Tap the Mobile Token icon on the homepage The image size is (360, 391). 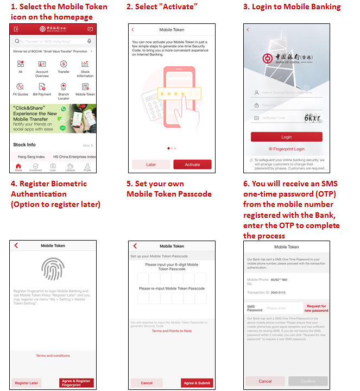tap(85, 89)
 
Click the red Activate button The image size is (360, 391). tap(192, 165)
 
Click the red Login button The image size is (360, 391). tap(286, 137)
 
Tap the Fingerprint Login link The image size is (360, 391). tap(286, 149)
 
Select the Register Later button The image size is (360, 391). tap(27, 383)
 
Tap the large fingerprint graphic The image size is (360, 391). tap(53, 269)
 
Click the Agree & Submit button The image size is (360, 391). tap(197, 383)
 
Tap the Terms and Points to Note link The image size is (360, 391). tap(172, 331)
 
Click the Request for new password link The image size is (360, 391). tap(317, 308)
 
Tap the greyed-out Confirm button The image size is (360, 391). tap(308, 381)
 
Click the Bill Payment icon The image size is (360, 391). tap(42, 89)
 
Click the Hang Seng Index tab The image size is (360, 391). tap(31, 156)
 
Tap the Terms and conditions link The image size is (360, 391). tap(53, 356)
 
